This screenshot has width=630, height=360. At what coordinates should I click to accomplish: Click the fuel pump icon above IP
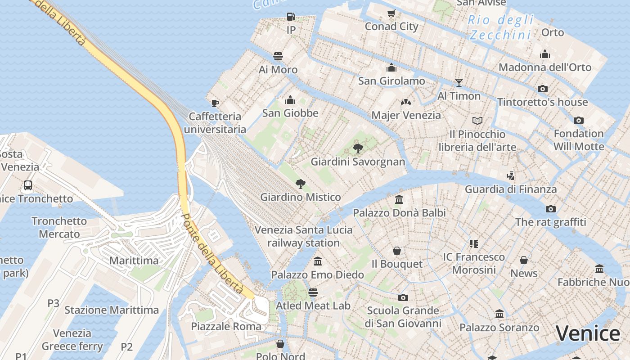[291, 17]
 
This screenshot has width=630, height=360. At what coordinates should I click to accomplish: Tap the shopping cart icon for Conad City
[391, 13]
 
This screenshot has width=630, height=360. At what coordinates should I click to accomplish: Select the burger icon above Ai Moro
[278, 56]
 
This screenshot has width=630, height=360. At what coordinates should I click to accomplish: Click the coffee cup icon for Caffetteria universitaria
[215, 103]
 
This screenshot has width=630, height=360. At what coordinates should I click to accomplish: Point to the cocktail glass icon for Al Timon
[459, 82]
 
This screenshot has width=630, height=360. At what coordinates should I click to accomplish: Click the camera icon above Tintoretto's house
[543, 89]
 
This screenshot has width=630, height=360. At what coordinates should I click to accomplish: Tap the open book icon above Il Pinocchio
[477, 121]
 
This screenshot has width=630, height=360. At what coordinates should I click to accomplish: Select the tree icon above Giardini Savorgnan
[358, 148]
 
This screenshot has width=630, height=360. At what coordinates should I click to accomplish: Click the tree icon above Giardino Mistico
[300, 184]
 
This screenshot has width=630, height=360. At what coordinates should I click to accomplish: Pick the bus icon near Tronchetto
[28, 185]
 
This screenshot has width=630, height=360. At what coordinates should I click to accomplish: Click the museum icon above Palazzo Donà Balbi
[399, 199]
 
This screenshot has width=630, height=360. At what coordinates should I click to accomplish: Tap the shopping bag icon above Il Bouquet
[397, 251]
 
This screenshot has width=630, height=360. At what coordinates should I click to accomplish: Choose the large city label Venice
[587, 333]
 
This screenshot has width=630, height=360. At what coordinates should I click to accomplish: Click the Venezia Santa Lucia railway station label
[304, 236]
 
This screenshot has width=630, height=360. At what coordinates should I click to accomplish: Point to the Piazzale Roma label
[226, 326]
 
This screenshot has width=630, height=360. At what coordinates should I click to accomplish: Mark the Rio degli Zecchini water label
[500, 27]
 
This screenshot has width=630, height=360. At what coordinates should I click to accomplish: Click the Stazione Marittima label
[112, 310]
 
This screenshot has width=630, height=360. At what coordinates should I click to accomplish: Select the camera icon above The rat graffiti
[550, 209]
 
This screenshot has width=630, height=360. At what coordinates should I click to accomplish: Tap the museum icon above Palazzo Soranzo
[499, 314]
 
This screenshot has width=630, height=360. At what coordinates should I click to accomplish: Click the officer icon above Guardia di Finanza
[510, 175]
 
